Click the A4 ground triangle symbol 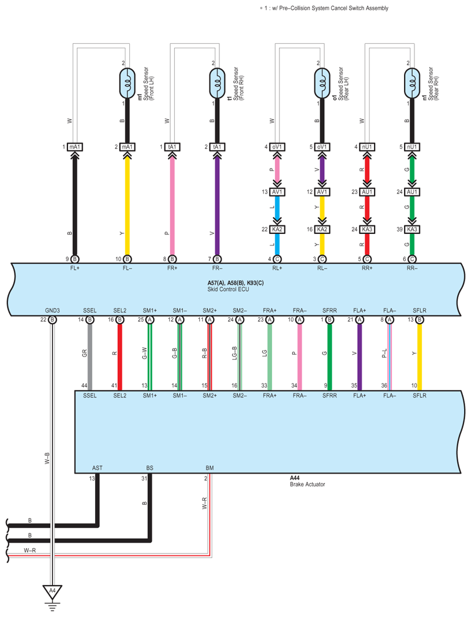[53, 592]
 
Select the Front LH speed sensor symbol [127, 83]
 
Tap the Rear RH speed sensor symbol [412, 83]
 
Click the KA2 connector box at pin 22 [277, 229]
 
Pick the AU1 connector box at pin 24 [412, 192]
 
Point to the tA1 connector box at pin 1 [172, 147]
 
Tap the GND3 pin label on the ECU [53, 310]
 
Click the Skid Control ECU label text [228, 289]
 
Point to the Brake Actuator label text [308, 484]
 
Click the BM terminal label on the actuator [210, 468]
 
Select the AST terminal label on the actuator [97, 468]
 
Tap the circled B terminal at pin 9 [74, 259]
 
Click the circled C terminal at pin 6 [412, 259]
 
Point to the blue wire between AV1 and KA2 [277, 210]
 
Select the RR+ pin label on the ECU [367, 268]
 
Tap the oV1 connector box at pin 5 [322, 147]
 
